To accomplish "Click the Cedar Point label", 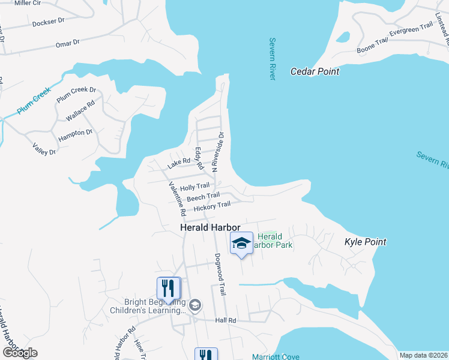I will click(315, 71).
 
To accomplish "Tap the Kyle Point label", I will click(365, 242).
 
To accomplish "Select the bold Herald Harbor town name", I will click(210, 228).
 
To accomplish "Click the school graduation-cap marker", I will click(241, 244).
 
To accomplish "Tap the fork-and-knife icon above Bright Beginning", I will click(169, 289).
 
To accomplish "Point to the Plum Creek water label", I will click(34, 101).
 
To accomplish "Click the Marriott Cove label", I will click(276, 356).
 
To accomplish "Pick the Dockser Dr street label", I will click(48, 22).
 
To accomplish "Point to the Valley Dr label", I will click(44, 148).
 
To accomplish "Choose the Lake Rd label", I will click(179, 161).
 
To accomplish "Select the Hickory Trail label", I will click(212, 205).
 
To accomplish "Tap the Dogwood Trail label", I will click(220, 274).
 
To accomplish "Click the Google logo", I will click(19, 353).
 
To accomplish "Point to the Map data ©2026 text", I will click(423, 355).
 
